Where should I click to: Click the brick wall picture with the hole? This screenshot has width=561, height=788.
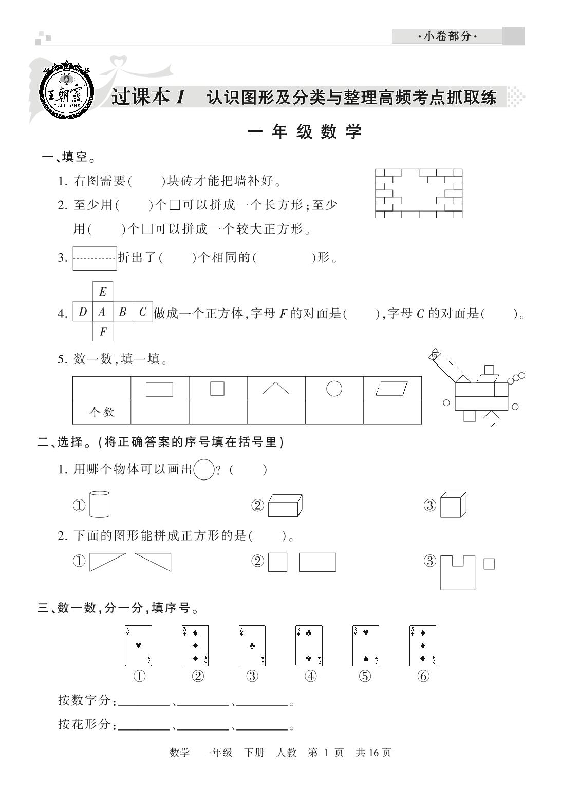tap(418, 194)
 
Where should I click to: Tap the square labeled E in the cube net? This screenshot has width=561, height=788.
tap(103, 292)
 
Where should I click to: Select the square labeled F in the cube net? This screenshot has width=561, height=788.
tap(103, 331)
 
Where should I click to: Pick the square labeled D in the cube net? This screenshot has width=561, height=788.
tap(83, 312)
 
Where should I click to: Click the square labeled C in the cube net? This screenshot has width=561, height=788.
tap(143, 312)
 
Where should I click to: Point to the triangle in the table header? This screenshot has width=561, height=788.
tap(276, 388)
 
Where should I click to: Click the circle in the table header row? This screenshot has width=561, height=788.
tap(334, 388)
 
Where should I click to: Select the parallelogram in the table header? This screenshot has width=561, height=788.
tap(392, 389)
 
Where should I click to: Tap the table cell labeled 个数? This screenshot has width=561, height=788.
tap(102, 412)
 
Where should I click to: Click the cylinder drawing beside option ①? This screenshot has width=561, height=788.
tap(99, 504)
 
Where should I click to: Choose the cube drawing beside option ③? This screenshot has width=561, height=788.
tap(453, 505)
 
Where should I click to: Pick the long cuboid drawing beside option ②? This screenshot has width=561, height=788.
tap(285, 505)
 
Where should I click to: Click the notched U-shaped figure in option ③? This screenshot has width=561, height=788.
tap(457, 572)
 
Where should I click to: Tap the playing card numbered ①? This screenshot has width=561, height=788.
tap(138, 645)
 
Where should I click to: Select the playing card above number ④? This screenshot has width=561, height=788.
tap(309, 645)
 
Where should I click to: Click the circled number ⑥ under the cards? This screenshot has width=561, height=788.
tap(423, 676)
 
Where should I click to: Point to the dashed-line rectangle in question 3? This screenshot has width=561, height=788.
tap(95, 258)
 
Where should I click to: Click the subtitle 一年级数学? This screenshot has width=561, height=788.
tap(305, 132)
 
